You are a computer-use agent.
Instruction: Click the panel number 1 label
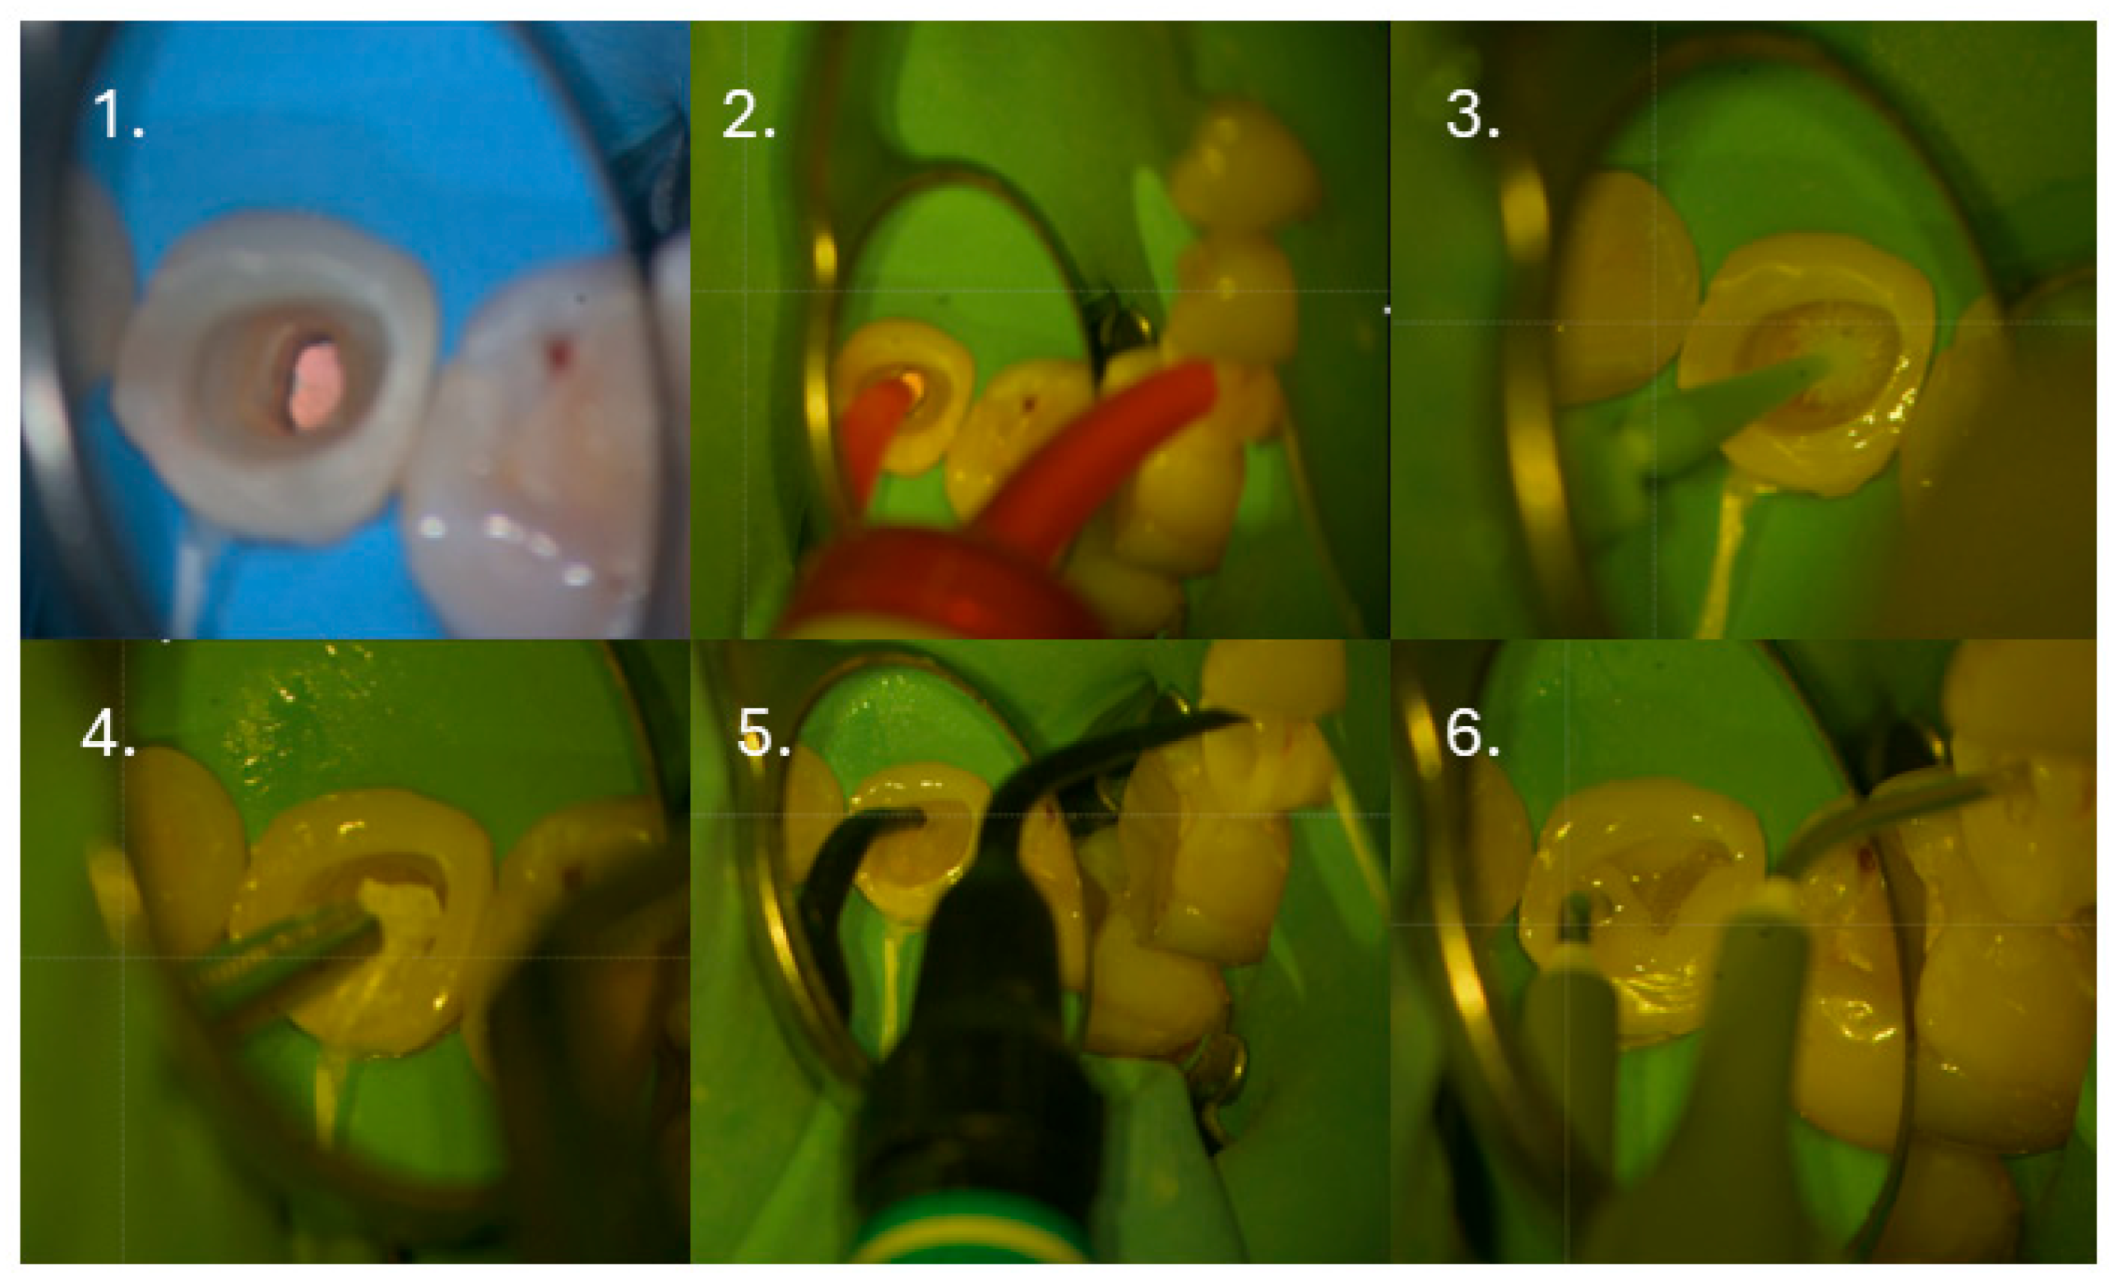[117, 115]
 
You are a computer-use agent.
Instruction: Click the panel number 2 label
[748, 115]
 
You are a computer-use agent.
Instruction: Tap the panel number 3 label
[1472, 115]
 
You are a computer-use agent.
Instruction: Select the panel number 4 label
[108, 732]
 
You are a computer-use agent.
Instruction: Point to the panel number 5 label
[764, 732]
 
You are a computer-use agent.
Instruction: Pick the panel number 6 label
[1472, 732]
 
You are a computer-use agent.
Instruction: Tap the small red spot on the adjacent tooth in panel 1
[558, 354]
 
